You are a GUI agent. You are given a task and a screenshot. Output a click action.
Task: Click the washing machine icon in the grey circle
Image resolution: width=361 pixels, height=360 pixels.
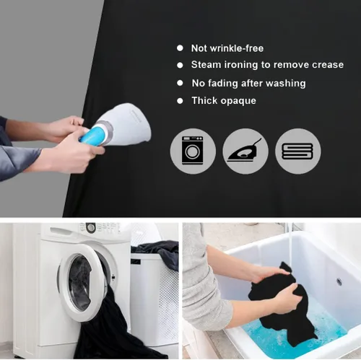click(x=193, y=151)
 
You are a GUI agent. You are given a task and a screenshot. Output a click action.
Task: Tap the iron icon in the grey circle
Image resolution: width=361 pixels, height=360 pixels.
click(x=245, y=151)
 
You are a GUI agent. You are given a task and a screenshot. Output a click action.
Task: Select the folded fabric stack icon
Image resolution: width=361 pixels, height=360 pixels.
click(x=297, y=152)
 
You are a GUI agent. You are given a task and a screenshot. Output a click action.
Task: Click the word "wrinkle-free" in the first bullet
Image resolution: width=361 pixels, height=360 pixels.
click(x=237, y=48)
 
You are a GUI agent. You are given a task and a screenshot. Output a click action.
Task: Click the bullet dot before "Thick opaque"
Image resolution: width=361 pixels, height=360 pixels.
click(x=180, y=101)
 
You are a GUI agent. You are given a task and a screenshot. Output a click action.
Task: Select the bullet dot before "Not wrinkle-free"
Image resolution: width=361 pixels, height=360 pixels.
click(x=180, y=48)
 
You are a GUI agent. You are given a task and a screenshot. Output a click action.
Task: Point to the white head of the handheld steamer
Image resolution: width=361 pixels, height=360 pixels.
click(x=124, y=124)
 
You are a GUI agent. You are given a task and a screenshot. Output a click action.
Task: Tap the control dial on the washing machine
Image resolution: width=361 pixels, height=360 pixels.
click(x=91, y=227)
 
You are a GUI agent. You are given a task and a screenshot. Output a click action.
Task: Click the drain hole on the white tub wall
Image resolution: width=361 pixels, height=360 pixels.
click(x=339, y=281)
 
